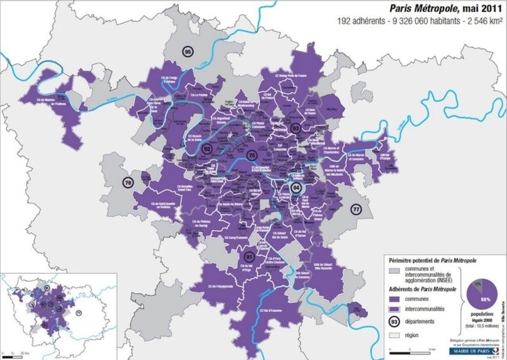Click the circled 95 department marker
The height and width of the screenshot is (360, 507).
(x=188, y=53)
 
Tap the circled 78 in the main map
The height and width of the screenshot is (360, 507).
(x=127, y=183)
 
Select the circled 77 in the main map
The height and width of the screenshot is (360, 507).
(x=356, y=208)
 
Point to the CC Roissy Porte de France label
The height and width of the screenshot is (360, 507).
(x=293, y=76)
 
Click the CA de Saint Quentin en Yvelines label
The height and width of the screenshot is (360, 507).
(x=156, y=204)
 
